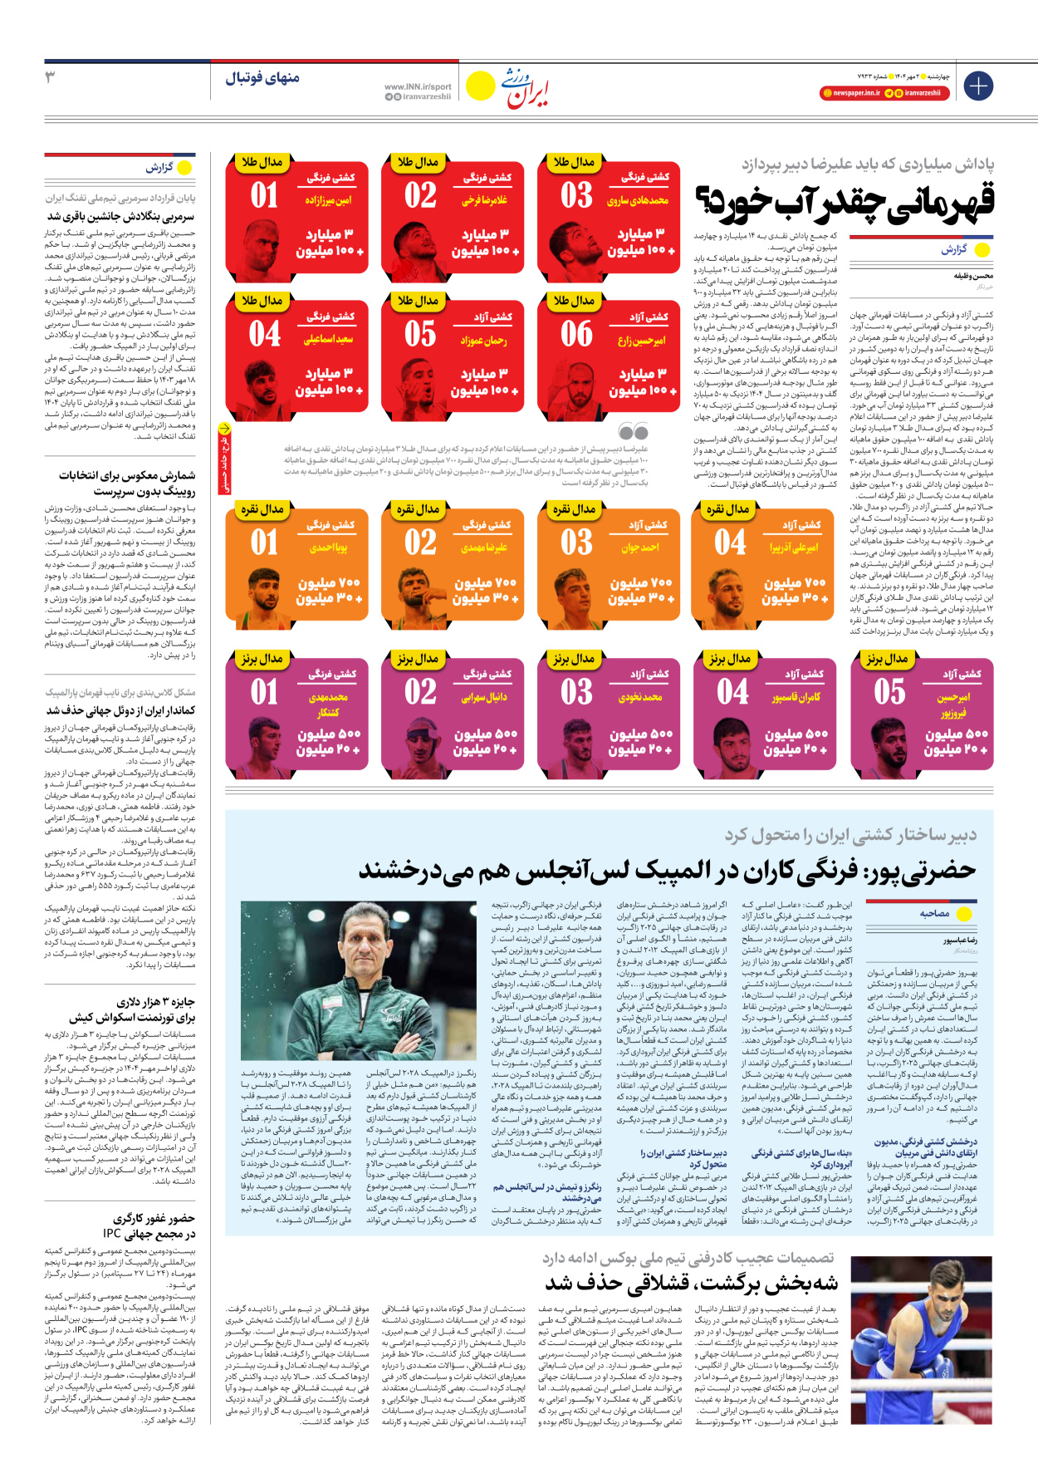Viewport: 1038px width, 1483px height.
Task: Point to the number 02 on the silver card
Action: click(420, 543)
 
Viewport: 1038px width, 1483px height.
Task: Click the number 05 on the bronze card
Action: click(889, 691)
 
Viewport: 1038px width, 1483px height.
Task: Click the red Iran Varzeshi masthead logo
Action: click(528, 88)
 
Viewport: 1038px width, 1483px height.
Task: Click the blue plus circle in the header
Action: click(978, 86)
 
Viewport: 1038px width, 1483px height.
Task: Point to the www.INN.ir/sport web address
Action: click(418, 86)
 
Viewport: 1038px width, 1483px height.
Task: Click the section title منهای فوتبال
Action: click(262, 78)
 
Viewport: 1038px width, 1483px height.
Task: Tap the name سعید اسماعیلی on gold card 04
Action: click(328, 339)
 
